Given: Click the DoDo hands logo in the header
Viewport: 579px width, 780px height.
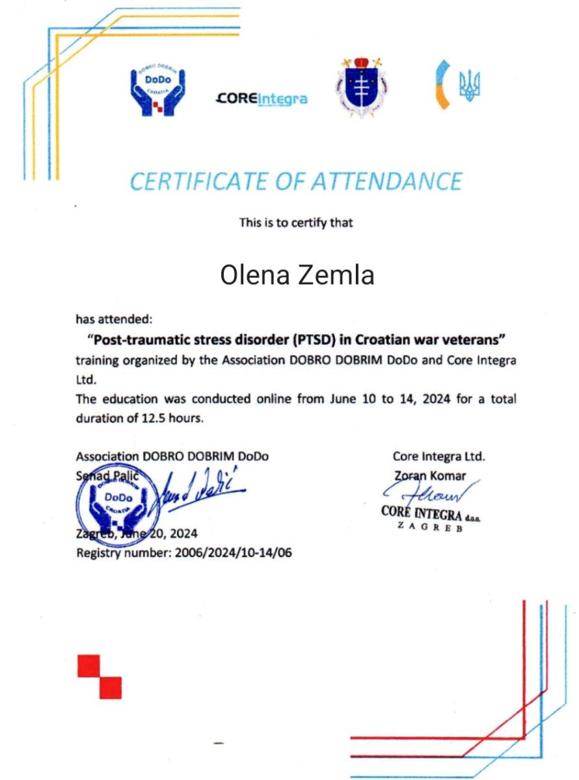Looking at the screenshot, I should pos(157,91).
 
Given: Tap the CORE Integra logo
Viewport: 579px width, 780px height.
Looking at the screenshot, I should pos(261,99).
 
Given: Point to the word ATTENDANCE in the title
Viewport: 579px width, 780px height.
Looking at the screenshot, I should pos(386,181).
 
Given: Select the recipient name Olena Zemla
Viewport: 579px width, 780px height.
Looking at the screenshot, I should pos(297,275).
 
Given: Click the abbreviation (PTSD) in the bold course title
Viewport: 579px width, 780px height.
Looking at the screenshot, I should pos(313,339).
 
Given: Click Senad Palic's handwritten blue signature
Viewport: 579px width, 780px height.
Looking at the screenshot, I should pos(198,492).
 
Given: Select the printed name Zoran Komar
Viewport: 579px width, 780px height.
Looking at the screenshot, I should pos(429,476).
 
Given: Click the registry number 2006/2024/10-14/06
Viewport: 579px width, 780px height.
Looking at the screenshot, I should pos(224,553).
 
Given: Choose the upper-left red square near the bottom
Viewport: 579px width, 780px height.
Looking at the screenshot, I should pos(88,666).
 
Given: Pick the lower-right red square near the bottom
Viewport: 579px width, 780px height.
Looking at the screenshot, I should pos(111,688).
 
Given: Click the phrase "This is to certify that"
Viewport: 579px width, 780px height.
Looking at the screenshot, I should pos(296,223).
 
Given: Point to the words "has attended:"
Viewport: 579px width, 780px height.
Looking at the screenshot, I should pos(114,319).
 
